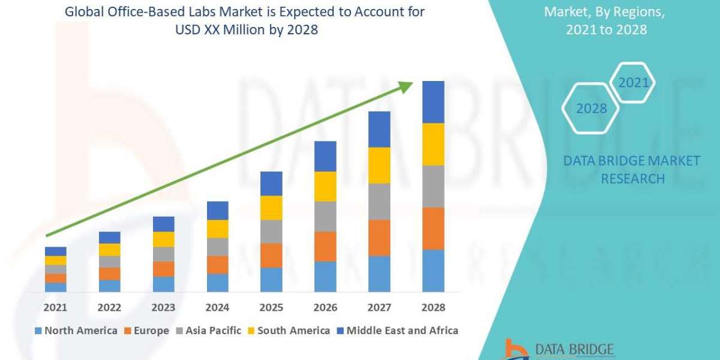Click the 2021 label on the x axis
click(56, 307)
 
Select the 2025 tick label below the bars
click(271, 307)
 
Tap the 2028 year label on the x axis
click(433, 307)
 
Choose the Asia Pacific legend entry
click(208, 331)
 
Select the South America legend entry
click(288, 331)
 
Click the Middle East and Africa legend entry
click(397, 331)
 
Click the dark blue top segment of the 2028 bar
click(433, 102)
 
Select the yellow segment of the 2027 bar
click(379, 165)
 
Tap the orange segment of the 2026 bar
click(325, 247)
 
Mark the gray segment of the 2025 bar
click(271, 232)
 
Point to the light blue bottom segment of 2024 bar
click(217, 283)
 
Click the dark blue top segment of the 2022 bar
click(110, 238)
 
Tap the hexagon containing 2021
click(633, 83)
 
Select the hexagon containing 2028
click(590, 109)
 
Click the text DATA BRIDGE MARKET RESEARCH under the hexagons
click(632, 170)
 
